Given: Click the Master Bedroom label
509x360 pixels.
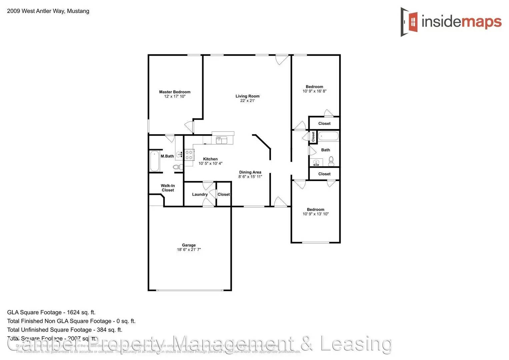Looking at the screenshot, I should (x=175, y=92).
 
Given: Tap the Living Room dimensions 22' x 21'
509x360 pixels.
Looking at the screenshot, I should (x=247, y=101).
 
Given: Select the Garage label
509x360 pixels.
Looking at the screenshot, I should (x=189, y=245).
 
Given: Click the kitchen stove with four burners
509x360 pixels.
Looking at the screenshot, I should (x=189, y=155).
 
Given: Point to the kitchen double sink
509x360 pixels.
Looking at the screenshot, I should (x=221, y=140).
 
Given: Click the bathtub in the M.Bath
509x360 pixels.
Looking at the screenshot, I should (x=154, y=161).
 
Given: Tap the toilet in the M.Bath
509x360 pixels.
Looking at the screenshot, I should (x=177, y=167).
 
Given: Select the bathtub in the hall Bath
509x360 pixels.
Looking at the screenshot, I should (x=328, y=136).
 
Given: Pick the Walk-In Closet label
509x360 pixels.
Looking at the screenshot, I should (x=168, y=188).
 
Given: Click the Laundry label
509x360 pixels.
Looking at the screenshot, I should (x=200, y=194).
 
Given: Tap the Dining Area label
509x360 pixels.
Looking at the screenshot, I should (x=250, y=172).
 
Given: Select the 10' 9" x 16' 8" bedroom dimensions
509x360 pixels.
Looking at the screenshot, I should (x=314, y=91).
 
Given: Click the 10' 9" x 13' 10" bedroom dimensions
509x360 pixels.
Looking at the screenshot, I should (x=315, y=214).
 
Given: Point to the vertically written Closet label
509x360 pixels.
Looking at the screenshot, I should (x=313, y=137).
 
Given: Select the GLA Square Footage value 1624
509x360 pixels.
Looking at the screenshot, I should (x=73, y=312).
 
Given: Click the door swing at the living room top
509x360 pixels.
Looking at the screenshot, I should (x=282, y=60).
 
